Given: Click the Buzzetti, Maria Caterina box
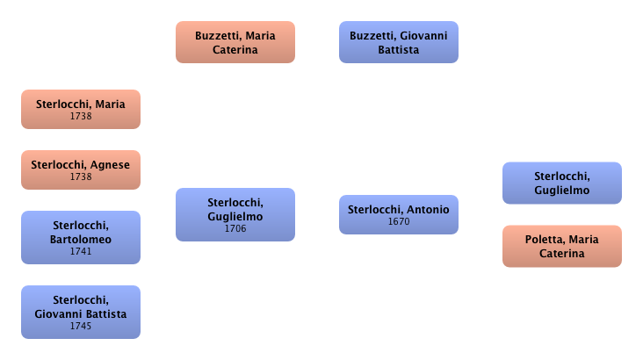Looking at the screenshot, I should point(235,42).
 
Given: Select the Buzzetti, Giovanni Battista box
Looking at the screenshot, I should point(398,42).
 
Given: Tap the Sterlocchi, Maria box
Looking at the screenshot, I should point(81,109).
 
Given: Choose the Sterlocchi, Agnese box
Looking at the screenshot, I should point(81,169).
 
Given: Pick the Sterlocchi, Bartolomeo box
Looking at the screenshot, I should point(81,237).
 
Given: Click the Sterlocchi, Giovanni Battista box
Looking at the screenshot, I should point(81,312).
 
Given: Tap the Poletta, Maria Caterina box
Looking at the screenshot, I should point(560,246).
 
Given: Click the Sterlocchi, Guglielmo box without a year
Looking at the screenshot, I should point(560,183).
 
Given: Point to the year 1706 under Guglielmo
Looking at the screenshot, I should point(235,229).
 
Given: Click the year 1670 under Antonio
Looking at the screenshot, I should point(399,221).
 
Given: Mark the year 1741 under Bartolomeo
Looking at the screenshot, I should point(81,251).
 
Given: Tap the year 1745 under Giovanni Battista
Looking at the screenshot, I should point(81,327).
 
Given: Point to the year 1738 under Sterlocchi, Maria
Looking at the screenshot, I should point(81,116).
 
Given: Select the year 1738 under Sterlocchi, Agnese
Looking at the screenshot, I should point(81,176).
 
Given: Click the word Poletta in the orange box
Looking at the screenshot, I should point(544,239).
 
